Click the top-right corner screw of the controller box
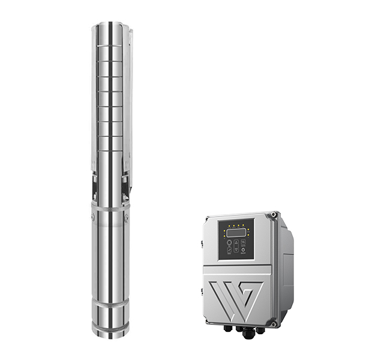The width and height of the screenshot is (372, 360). pos(274,214)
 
